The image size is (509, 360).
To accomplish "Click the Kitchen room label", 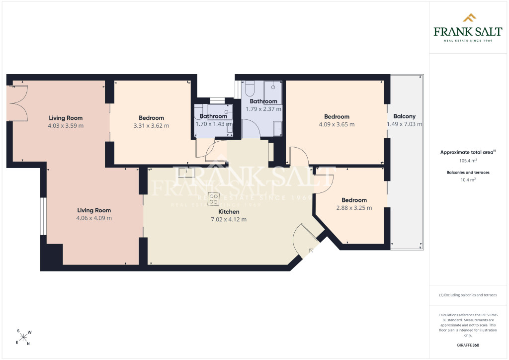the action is pos(229,212).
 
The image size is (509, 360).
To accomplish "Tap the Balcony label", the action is pos(404,116).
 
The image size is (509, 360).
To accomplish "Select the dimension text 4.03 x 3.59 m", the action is pos(66,126).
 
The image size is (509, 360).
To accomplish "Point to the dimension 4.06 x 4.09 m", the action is pos(94,218).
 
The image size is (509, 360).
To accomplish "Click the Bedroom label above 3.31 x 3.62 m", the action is pos(151,118).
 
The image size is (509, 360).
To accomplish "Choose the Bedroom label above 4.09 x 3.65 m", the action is pos(337,116).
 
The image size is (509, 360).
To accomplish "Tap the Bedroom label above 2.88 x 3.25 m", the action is pos(354,200).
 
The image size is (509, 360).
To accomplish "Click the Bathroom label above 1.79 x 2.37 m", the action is pos(263,101).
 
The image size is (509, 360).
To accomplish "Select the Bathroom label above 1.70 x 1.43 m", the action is pos(213,116).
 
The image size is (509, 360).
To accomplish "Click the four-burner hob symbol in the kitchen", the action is pos(214,199).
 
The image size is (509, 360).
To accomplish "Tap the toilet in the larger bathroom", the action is pos(250,88).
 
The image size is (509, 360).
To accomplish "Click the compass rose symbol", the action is pos(23,337).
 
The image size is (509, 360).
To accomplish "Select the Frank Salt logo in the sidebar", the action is pos(468,28).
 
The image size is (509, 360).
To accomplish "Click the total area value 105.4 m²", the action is pos(468,161).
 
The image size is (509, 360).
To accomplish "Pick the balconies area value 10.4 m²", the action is pos(468,180).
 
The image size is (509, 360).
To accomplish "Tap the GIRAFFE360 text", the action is pos(468,345).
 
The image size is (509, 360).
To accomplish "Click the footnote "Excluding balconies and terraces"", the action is pos(470,295).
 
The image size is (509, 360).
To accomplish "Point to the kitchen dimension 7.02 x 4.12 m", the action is pos(229,219).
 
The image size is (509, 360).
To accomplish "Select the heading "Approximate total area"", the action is pos(466,152).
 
